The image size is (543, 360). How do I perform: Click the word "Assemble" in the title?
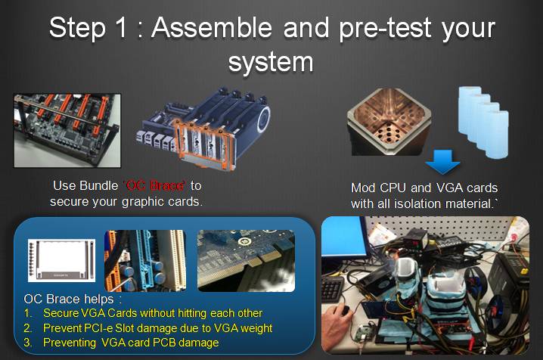[x=212, y=28]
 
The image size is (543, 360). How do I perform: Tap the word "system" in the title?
[x=271, y=63]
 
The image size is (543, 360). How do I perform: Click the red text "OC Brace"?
[x=155, y=186]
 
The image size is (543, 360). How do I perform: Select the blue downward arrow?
[x=442, y=162]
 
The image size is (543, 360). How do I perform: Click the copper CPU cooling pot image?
[x=389, y=121]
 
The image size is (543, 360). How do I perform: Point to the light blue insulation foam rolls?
[x=483, y=121]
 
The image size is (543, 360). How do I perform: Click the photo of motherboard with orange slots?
[x=67, y=131]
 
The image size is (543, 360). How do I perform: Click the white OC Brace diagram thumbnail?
[x=62, y=260]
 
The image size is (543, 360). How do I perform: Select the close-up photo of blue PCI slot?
[x=145, y=261]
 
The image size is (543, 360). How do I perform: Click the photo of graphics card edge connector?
[x=246, y=261]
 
